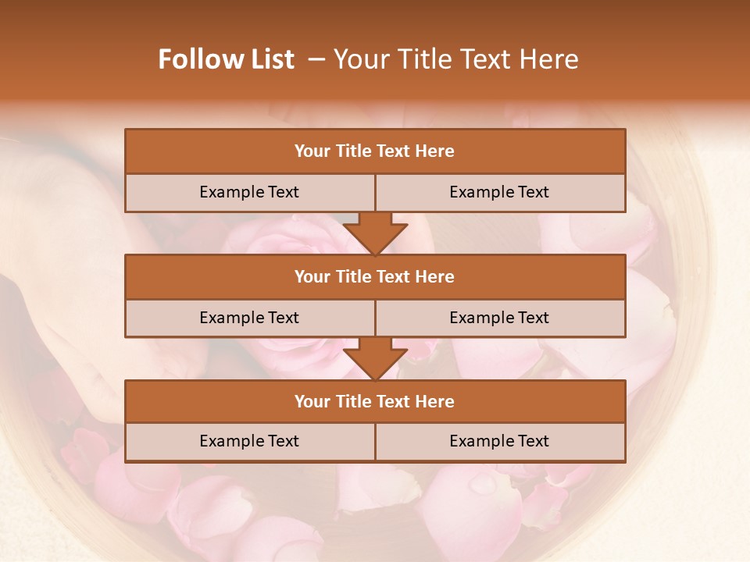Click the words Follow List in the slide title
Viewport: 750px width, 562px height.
pyautogui.click(x=226, y=59)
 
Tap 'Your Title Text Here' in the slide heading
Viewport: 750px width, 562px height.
pyautogui.click(x=455, y=59)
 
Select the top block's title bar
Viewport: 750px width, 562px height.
pyautogui.click(x=374, y=151)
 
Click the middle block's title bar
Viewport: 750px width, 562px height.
pyautogui.click(x=374, y=276)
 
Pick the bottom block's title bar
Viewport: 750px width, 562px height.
pyautogui.click(x=374, y=401)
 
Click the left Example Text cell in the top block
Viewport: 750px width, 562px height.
pyautogui.click(x=249, y=192)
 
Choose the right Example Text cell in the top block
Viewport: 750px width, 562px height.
pyautogui.click(x=499, y=192)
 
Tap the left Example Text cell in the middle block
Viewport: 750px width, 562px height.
pyautogui.click(x=249, y=318)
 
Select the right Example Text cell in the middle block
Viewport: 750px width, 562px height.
pyautogui.click(x=499, y=318)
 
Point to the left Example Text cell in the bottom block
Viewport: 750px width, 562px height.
pyautogui.click(x=249, y=441)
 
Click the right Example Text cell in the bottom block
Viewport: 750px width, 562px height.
pyautogui.click(x=499, y=441)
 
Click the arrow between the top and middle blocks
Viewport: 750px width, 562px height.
pyautogui.click(x=375, y=233)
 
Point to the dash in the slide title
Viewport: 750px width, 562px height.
pyautogui.click(x=316, y=59)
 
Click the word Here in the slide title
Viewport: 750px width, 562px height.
pyautogui.click(x=552, y=59)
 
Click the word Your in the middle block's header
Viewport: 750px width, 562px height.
pyautogui.click(x=312, y=276)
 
